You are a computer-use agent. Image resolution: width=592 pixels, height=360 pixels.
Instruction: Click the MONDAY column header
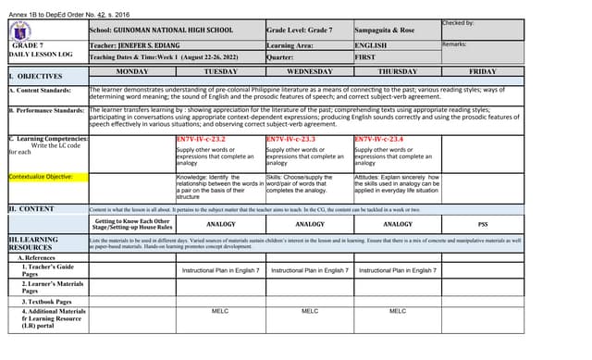click(131, 70)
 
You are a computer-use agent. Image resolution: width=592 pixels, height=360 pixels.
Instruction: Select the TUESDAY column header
click(220, 70)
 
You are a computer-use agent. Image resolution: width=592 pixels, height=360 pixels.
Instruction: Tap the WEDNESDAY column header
click(308, 70)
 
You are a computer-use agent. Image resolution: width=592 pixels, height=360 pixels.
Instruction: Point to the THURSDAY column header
click(397, 70)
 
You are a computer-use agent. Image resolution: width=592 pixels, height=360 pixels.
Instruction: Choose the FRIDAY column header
click(482, 70)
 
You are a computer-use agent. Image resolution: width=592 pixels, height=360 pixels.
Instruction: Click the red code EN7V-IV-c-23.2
click(201, 139)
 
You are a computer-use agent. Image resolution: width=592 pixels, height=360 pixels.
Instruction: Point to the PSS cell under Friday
click(482, 224)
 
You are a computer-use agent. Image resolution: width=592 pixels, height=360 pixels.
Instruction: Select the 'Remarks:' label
click(454, 43)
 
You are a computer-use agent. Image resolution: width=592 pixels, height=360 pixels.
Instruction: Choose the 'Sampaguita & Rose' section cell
click(385, 30)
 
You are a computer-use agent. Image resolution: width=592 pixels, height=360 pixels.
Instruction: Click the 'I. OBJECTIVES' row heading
click(35, 75)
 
